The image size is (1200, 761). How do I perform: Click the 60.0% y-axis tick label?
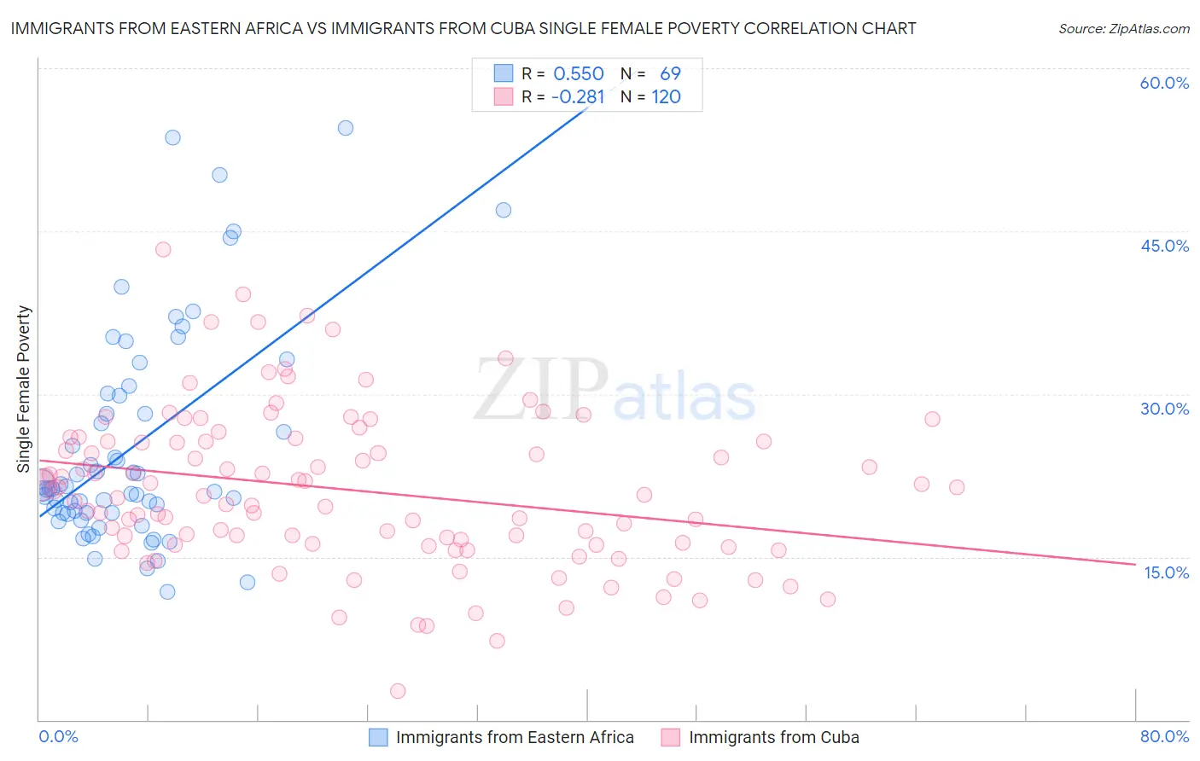(x=1164, y=83)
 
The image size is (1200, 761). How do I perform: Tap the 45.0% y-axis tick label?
(x=1164, y=246)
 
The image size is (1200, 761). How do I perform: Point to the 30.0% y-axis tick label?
(x=1164, y=409)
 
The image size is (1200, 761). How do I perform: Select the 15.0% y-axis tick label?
(x=1166, y=572)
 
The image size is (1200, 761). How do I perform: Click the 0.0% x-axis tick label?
(x=58, y=736)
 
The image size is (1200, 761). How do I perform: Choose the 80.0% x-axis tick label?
(x=1164, y=736)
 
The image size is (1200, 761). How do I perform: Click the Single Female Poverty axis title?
(x=24, y=389)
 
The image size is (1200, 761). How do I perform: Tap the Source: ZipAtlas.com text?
(x=1123, y=29)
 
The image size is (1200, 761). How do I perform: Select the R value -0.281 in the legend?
(x=577, y=97)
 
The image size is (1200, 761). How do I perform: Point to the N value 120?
(x=666, y=97)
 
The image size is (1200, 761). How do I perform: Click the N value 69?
(x=670, y=74)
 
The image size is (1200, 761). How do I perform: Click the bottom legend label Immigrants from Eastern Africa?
(x=515, y=737)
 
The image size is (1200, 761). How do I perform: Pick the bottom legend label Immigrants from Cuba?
(x=773, y=737)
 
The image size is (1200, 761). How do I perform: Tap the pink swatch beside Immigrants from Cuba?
(x=670, y=737)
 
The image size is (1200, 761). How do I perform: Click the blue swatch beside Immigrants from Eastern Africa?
(x=378, y=737)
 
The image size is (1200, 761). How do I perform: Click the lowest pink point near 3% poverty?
(x=397, y=691)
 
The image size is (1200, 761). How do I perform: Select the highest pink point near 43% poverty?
(x=163, y=249)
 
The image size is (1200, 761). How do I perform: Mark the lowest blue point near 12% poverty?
(x=167, y=592)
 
